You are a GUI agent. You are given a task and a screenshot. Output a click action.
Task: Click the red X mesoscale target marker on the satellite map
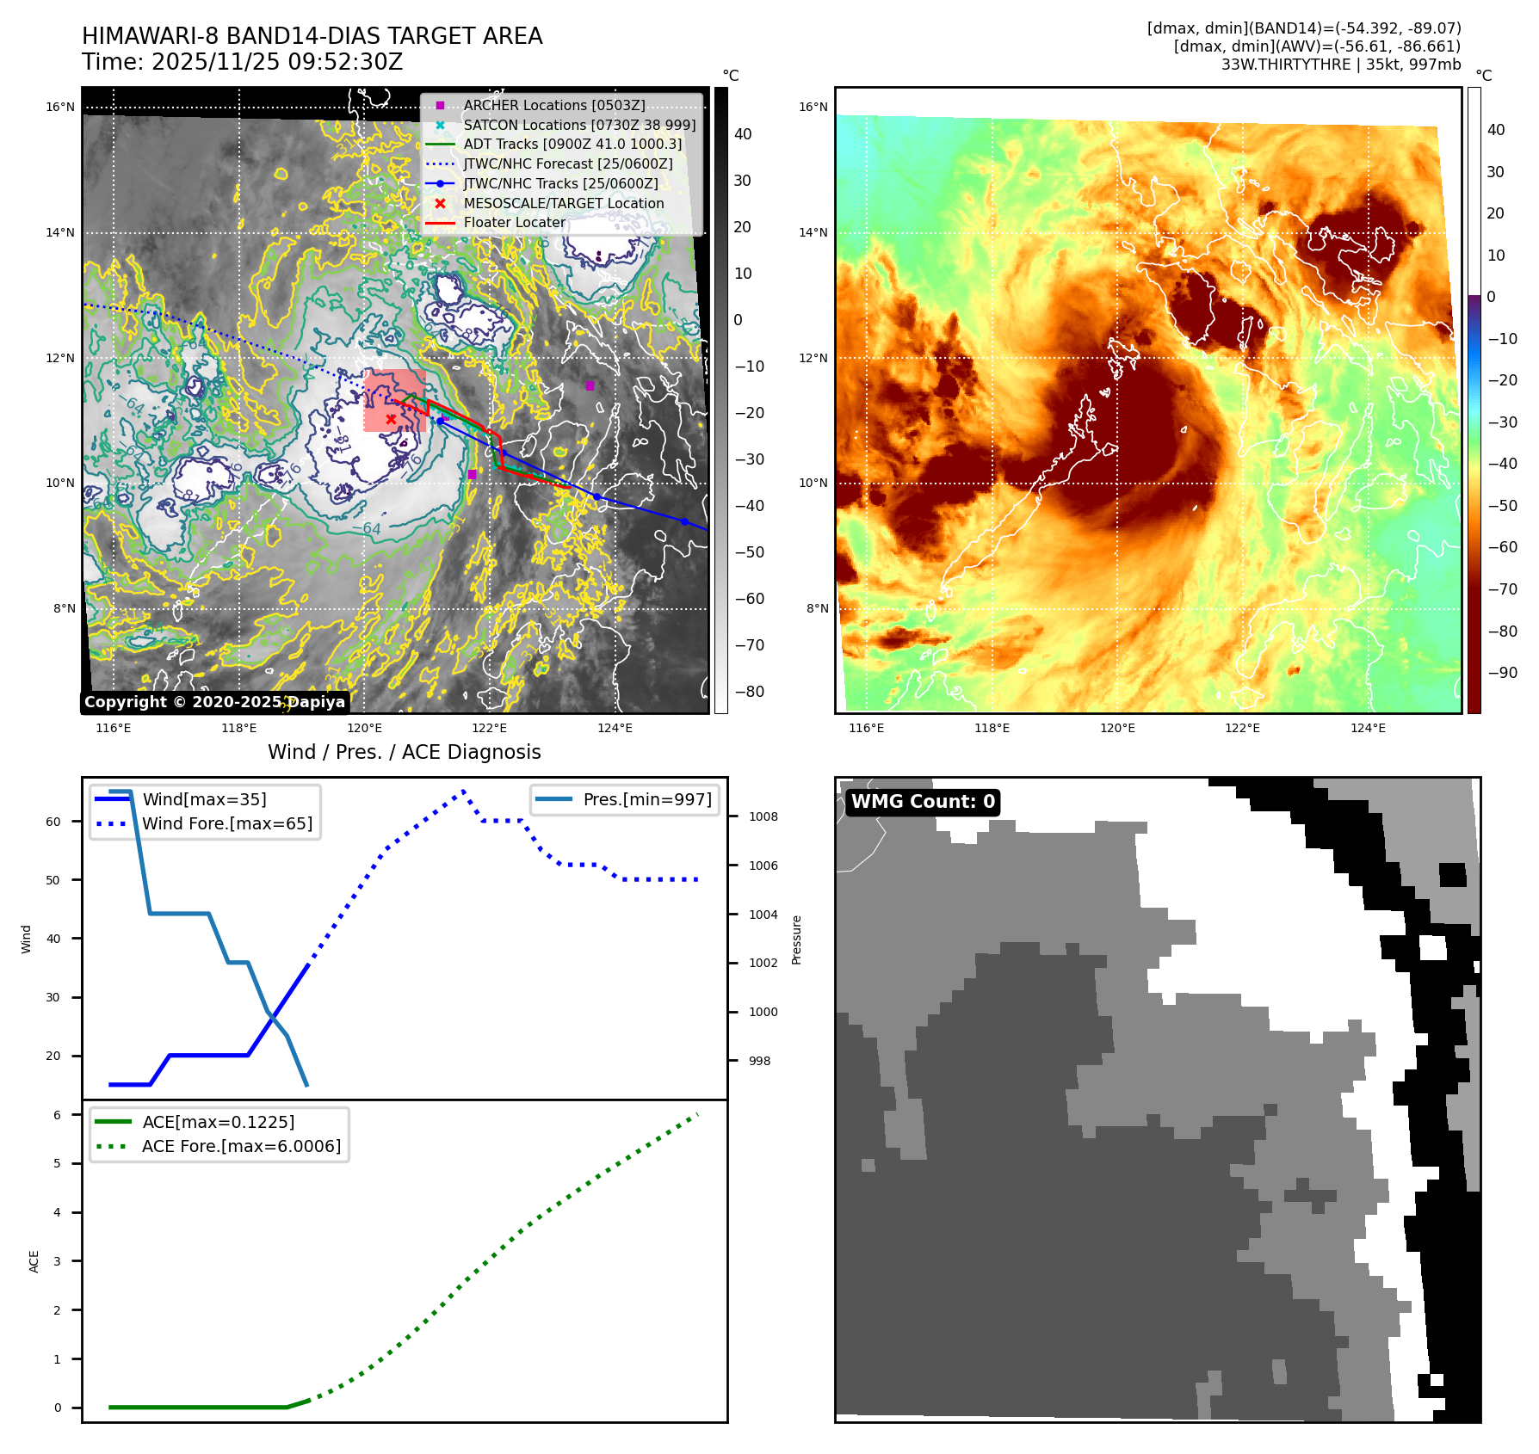click(391, 419)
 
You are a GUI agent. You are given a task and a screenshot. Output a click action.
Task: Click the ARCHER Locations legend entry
click(553, 105)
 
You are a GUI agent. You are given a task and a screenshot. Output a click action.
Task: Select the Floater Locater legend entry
click(514, 222)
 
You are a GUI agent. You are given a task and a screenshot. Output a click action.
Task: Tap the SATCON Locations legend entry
click(578, 125)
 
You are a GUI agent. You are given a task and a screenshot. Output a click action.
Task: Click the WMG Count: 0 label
click(923, 802)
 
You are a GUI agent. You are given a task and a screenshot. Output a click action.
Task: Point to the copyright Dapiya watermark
click(214, 702)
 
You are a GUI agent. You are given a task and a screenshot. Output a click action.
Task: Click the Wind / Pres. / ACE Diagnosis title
click(404, 752)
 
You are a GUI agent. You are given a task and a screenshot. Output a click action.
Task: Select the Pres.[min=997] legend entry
click(646, 799)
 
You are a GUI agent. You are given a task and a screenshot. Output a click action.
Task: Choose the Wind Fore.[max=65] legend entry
click(227, 823)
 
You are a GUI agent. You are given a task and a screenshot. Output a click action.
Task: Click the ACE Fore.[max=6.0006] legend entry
click(241, 1146)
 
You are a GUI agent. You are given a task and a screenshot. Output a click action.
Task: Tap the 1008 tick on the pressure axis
click(763, 816)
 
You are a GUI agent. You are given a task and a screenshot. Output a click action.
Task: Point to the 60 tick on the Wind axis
click(53, 822)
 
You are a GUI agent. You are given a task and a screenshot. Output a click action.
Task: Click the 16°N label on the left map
click(60, 107)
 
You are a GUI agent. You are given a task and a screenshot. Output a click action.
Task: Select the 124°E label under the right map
click(1368, 728)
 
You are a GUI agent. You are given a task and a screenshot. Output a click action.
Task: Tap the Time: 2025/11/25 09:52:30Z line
click(242, 62)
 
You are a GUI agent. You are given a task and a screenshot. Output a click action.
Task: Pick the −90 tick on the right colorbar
click(1503, 673)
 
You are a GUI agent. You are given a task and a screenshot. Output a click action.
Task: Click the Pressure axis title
click(796, 940)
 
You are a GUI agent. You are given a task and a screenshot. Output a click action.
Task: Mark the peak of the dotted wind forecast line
click(463, 790)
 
